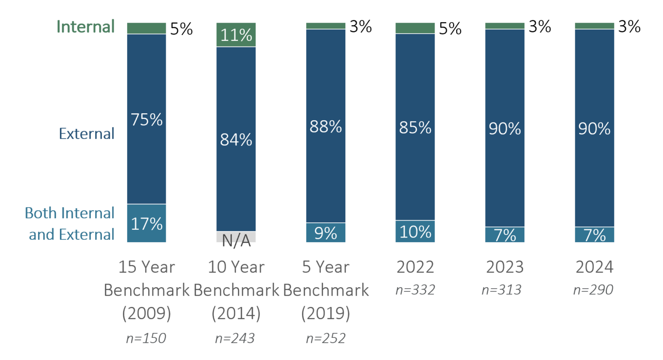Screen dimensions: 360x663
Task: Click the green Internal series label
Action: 86,27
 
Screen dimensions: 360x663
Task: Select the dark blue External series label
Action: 87,134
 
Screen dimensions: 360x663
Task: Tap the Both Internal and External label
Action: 70,224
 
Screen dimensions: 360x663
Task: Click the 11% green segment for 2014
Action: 236,35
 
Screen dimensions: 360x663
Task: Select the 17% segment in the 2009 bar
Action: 146,224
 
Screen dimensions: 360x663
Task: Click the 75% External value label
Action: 147,120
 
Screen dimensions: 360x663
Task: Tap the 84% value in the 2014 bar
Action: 236,139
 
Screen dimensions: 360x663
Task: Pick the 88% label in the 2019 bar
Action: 326,127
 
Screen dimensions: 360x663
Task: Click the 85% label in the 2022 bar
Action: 415,127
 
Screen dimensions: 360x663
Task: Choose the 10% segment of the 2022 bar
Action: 415,232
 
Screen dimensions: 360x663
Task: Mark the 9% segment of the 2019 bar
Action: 326,233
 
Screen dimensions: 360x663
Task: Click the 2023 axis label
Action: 505,267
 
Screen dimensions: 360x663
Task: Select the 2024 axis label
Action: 594,267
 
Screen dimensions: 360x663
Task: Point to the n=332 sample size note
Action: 415,290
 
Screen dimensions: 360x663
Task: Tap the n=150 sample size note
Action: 146,338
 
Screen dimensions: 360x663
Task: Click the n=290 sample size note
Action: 593,290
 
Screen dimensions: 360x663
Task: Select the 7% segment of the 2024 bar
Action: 594,235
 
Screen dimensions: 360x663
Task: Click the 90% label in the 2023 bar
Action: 505,129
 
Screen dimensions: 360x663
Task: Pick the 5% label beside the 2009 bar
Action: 181,29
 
